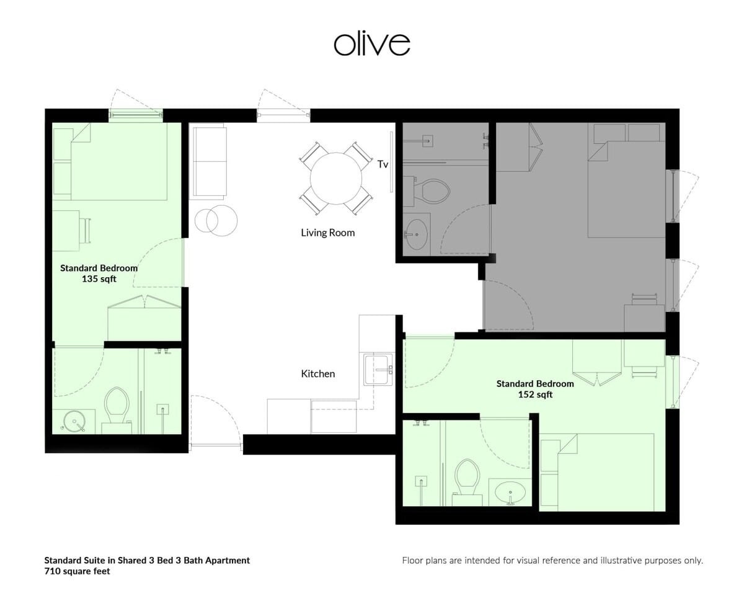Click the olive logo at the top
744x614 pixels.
tap(371, 44)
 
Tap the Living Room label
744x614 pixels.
tap(328, 233)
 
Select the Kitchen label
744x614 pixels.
tap(318, 374)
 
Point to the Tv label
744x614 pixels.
tap(383, 164)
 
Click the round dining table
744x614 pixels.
tap(336, 178)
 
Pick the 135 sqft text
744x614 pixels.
tap(99, 279)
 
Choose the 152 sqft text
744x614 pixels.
tap(535, 394)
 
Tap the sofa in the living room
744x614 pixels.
tap(210, 161)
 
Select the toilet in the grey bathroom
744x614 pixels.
tap(432, 191)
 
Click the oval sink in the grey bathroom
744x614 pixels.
tap(417, 234)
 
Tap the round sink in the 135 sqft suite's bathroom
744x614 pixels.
tap(74, 421)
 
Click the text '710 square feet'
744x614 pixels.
tap(77, 571)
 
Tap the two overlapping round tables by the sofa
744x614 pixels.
tap(216, 220)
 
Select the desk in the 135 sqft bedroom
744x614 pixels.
tap(66, 231)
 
